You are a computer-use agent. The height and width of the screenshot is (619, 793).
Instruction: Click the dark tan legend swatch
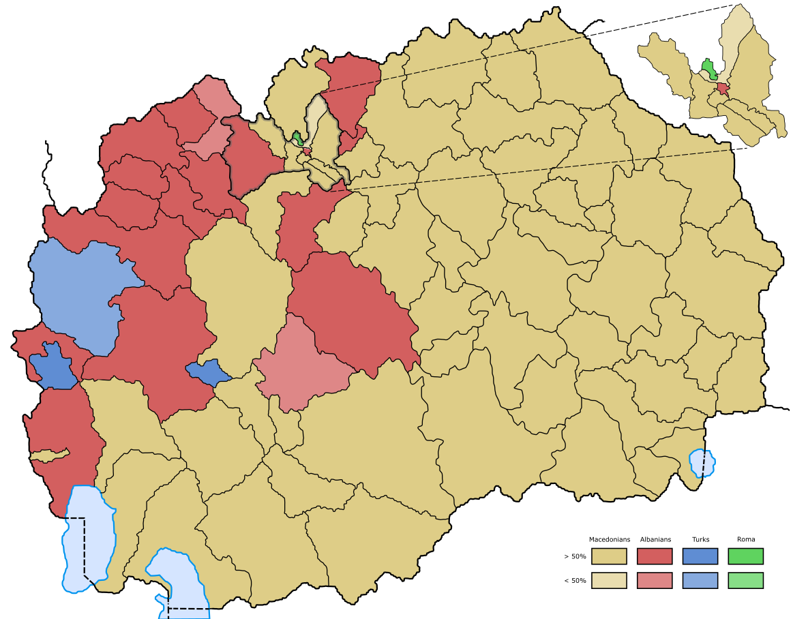click(608, 556)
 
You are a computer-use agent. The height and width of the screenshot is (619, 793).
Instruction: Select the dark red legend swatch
click(654, 556)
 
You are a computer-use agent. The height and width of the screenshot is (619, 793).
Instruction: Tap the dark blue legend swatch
click(700, 556)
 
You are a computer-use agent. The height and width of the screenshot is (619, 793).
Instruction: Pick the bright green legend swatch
click(745, 556)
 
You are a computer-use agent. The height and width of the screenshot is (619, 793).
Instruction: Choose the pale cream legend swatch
click(608, 580)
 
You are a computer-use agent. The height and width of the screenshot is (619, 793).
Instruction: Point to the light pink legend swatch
click(654, 580)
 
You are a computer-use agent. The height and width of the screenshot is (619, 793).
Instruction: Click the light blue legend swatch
click(700, 580)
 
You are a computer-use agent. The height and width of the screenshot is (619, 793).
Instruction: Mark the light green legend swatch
click(745, 580)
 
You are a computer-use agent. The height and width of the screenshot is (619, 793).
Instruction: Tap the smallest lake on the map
click(702, 463)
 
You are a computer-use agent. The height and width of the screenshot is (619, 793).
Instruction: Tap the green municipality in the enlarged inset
click(708, 69)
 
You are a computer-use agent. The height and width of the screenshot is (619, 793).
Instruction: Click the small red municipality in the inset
click(722, 88)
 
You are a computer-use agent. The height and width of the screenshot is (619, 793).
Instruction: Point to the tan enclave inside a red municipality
click(49, 455)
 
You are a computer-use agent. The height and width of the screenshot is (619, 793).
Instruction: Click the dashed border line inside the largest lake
click(84, 545)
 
